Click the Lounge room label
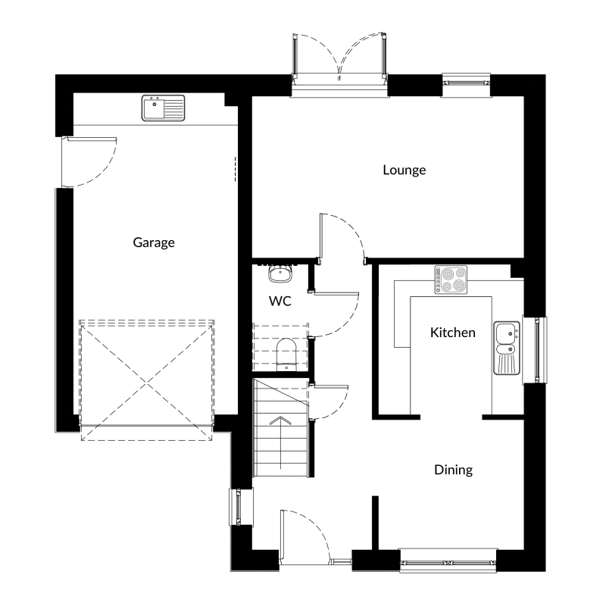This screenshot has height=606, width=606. [x=405, y=170]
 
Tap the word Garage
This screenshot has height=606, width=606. [x=154, y=242]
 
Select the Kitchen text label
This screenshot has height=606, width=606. [x=452, y=333]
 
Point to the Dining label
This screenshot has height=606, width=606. [x=453, y=470]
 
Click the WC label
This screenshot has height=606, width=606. [x=280, y=301]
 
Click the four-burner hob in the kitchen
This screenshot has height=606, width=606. [x=451, y=280]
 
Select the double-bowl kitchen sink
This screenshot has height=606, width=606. [x=507, y=348]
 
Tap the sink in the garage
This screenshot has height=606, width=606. [x=163, y=108]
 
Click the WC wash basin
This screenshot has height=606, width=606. [x=280, y=274]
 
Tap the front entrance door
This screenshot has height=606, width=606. [x=306, y=536]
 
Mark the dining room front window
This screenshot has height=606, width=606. [x=448, y=561]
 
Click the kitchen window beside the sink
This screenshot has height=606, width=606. [x=536, y=350]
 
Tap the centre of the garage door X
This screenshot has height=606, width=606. [x=146, y=383]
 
